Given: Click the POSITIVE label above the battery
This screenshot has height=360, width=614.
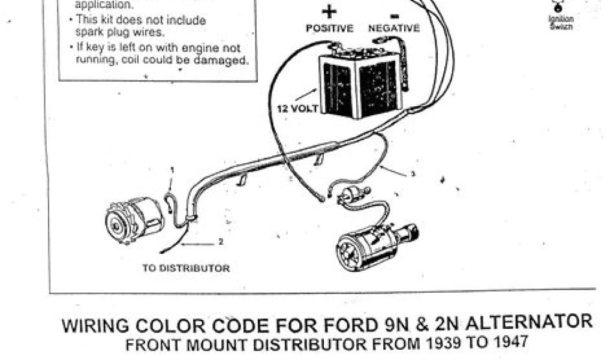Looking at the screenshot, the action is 330,29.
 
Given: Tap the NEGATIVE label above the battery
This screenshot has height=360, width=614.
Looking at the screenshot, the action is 394,29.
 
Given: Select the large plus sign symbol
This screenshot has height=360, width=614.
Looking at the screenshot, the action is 330,12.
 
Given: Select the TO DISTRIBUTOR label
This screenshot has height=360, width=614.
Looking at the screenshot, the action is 186,268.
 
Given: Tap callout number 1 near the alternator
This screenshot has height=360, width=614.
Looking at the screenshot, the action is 171,170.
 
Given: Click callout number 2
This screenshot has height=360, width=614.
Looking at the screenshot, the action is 221,242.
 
